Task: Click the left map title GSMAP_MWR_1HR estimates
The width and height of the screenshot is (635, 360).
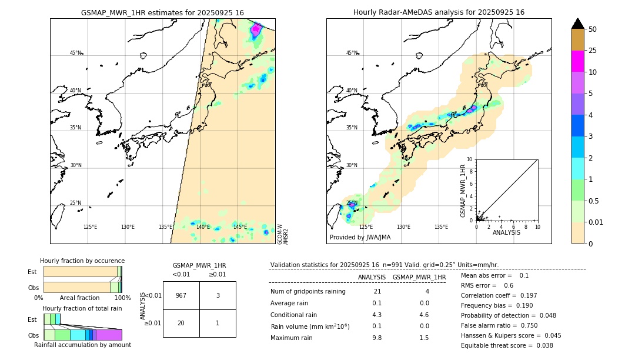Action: tap(162, 12)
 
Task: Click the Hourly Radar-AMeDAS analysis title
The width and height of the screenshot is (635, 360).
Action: tap(439, 12)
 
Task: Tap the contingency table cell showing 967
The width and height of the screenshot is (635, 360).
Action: tap(181, 295)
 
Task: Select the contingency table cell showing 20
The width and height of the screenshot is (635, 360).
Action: tap(181, 323)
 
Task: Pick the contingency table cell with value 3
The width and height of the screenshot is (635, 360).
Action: tap(218, 295)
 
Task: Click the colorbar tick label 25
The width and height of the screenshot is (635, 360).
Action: tap(593, 51)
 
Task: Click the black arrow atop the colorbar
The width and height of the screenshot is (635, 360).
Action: tap(578, 24)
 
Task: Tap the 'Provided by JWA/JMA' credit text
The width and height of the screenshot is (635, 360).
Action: tap(360, 238)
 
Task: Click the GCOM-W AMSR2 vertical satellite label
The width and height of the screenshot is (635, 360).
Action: tap(283, 233)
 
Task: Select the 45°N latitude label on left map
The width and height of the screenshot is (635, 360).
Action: tap(75, 53)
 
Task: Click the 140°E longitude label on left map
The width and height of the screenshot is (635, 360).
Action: tap(203, 227)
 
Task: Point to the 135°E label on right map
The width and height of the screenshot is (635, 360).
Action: tap(441, 227)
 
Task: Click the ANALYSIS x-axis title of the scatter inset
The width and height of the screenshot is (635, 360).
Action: tap(506, 232)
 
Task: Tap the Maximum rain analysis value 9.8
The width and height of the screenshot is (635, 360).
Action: tap(376, 338)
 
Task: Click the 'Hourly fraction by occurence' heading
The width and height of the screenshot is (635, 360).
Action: tap(82, 261)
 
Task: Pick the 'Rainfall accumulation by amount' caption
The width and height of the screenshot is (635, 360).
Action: tap(82, 345)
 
